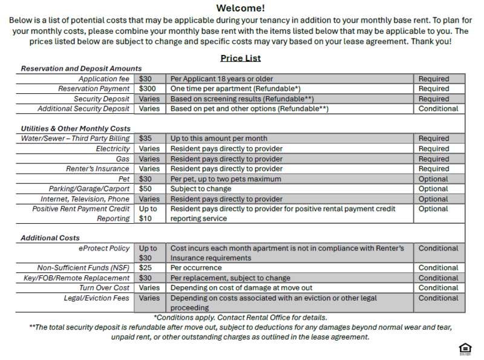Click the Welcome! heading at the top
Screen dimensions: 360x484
click(x=241, y=8)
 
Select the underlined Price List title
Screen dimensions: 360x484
click(x=241, y=58)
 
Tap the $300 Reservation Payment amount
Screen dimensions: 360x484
click(x=148, y=89)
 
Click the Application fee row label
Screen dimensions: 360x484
click(x=104, y=79)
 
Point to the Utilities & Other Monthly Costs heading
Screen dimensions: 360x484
click(x=76, y=129)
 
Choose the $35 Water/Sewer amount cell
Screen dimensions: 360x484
click(x=145, y=139)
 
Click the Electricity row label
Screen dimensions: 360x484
click(x=113, y=149)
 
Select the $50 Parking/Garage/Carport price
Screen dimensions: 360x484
click(x=145, y=189)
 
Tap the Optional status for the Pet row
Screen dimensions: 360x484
click(x=433, y=179)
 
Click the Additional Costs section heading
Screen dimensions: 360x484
click(x=50, y=238)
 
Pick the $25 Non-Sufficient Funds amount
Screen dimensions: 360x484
click(x=145, y=268)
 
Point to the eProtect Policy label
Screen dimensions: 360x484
click(x=104, y=248)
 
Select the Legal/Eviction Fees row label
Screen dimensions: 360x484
click(x=97, y=298)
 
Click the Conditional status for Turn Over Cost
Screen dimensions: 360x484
click(x=439, y=288)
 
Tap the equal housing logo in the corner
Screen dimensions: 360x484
click(x=465, y=349)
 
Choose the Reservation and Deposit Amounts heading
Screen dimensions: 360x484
click(x=81, y=69)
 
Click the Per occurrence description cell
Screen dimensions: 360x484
click(x=196, y=268)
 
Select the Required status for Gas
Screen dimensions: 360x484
click(x=434, y=159)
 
